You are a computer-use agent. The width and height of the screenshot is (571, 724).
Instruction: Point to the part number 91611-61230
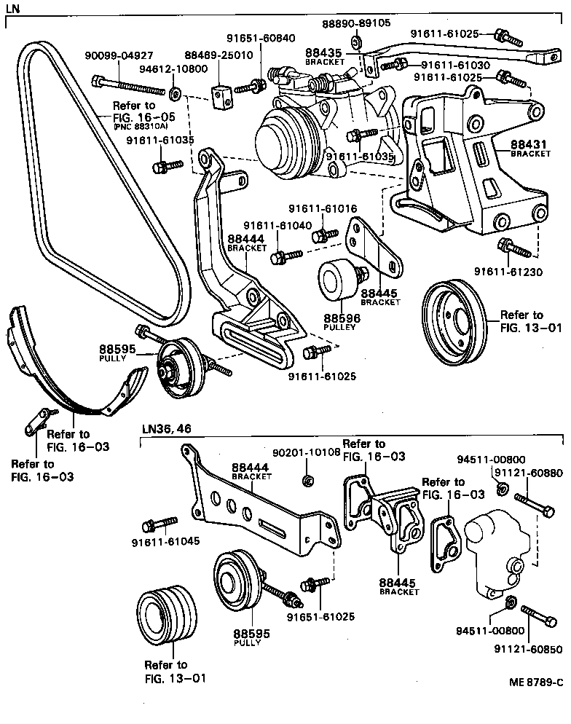(x=508, y=271)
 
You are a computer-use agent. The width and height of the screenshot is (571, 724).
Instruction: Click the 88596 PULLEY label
(x=339, y=322)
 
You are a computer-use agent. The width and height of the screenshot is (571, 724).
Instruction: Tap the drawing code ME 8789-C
(x=535, y=682)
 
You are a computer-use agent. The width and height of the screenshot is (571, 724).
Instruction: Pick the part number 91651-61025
(x=320, y=616)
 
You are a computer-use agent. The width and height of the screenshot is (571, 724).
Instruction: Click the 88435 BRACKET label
(x=323, y=56)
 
